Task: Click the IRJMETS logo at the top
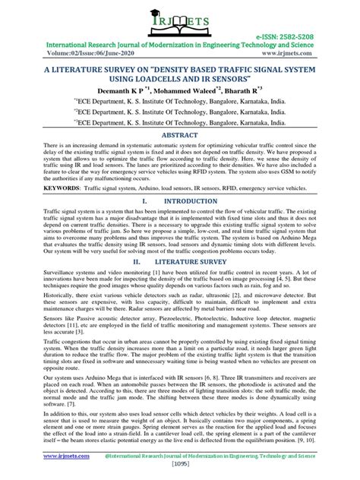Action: pos(178,20)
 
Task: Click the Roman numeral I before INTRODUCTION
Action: pos(143,201)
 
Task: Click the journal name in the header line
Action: pos(180,45)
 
